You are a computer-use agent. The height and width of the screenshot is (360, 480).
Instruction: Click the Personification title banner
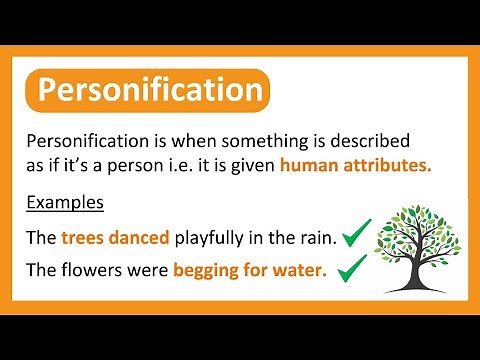[149, 91]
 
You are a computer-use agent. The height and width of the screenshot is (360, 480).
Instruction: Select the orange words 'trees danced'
[116, 238]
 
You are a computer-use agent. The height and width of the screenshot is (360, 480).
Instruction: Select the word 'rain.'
[313, 238]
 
